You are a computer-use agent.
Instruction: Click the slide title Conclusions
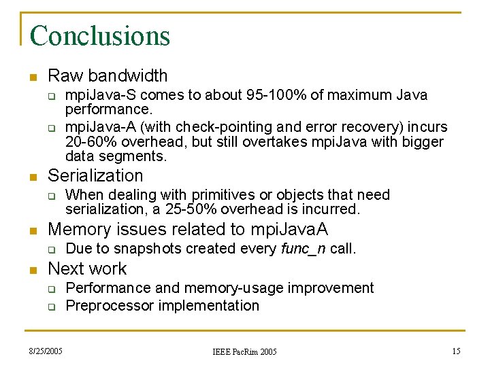coord(99,35)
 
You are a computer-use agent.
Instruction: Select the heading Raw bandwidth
coord(108,75)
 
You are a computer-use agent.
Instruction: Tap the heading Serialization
coord(95,176)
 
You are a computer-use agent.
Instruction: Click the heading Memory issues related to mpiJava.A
coord(188,229)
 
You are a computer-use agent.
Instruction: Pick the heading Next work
coord(87,268)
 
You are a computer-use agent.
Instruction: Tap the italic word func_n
coord(304,249)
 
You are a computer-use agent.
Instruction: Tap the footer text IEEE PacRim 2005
coord(244,351)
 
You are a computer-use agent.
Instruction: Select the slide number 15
coord(456,351)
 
